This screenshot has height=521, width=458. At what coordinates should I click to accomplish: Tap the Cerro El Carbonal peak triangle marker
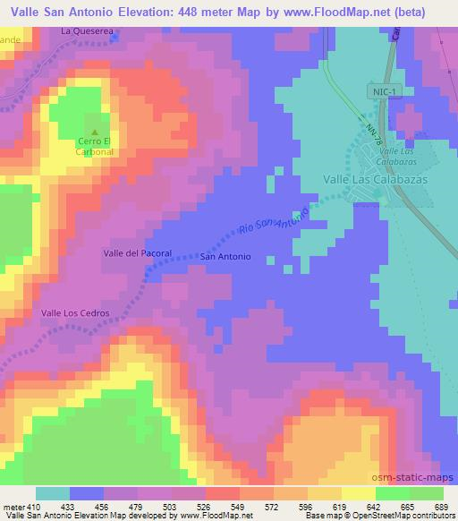96,131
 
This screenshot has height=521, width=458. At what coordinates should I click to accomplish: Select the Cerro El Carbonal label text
96,147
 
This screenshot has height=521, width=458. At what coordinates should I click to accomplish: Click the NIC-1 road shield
380,91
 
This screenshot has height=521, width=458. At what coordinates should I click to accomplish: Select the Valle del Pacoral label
136,254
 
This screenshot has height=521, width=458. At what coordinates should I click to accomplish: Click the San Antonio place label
225,257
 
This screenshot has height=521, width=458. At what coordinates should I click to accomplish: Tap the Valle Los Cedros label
75,312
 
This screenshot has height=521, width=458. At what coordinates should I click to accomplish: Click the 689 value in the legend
440,507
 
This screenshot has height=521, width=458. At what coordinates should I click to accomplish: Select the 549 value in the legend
236,507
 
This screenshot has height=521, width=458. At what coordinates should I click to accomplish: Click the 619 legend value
337,507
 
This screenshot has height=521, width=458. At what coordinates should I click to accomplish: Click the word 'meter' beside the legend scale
13,507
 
